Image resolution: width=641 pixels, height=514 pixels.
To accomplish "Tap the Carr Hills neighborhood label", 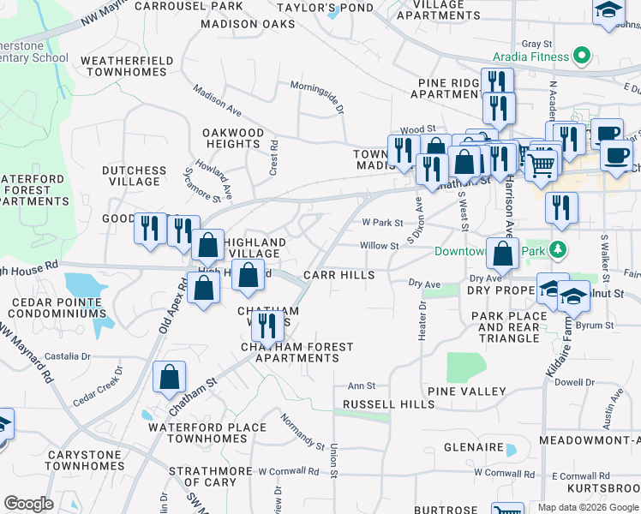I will [x=339, y=275].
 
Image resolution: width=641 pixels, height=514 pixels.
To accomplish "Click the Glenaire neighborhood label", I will [x=473, y=447].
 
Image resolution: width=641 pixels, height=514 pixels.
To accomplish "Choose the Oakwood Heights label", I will [x=233, y=138].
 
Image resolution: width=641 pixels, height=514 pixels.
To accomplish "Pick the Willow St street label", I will [x=380, y=246].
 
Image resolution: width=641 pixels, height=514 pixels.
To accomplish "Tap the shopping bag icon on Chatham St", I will [x=170, y=376].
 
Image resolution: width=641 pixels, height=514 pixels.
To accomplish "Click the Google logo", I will [x=29, y=505].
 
